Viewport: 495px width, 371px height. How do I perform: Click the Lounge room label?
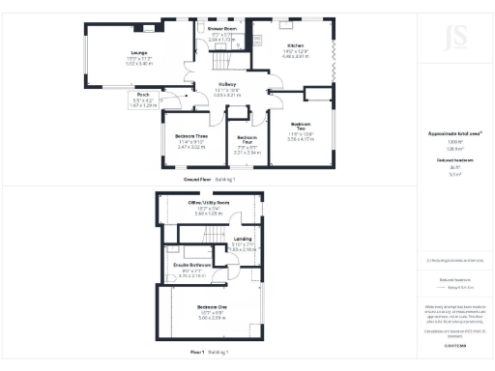[x=140, y=53]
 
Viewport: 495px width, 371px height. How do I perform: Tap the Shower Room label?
[x=221, y=30]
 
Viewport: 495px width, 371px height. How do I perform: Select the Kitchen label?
[x=295, y=45]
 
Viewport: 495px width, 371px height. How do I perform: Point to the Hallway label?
[x=228, y=86]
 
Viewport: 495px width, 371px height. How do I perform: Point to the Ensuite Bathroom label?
[x=193, y=266]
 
